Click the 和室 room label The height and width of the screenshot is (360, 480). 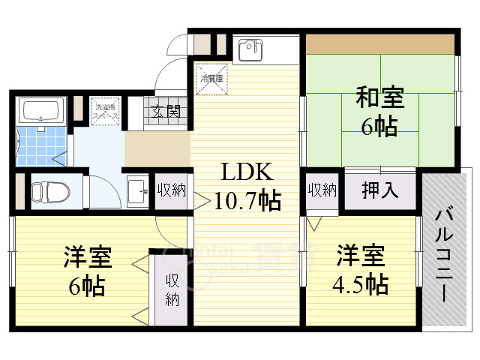pos(379,98)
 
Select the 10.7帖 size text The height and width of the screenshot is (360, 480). pos(247,200)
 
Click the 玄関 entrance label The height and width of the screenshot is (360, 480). pos(165,113)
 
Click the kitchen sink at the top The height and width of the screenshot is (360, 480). pos(250,50)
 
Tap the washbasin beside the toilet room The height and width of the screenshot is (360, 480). pos(136,190)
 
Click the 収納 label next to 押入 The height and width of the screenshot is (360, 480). pos(322,189)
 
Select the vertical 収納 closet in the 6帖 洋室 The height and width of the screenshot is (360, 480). pos(173,289)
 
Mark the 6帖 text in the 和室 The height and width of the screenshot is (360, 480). pos(379,126)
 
